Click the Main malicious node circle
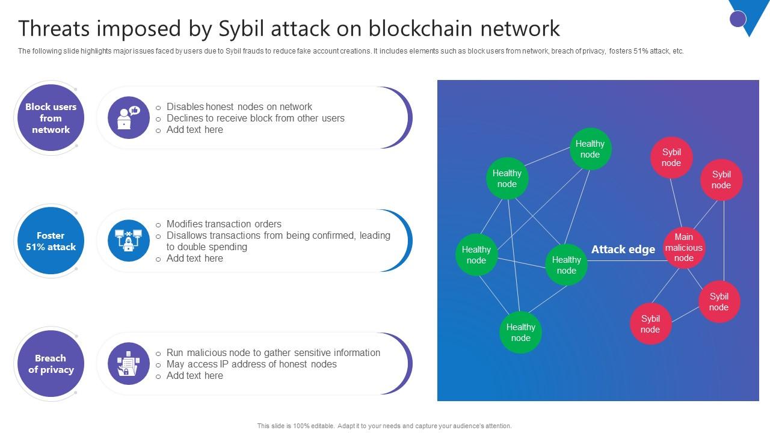click(683, 248)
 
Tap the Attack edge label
click(623, 250)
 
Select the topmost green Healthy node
click(590, 149)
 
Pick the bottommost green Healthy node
click(520, 333)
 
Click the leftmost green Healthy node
click(476, 254)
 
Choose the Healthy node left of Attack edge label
click(566, 265)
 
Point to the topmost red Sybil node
click(671, 158)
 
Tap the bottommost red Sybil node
click(650, 324)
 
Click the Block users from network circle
click(51, 118)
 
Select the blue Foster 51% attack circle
click(51, 241)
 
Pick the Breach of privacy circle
click(51, 364)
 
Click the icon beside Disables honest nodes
click(129, 118)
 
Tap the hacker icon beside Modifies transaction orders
click(129, 241)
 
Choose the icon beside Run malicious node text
click(129, 364)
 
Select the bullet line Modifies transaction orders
click(224, 224)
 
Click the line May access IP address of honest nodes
click(251, 364)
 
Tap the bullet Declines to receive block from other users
click(255, 118)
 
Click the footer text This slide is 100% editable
click(384, 426)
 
